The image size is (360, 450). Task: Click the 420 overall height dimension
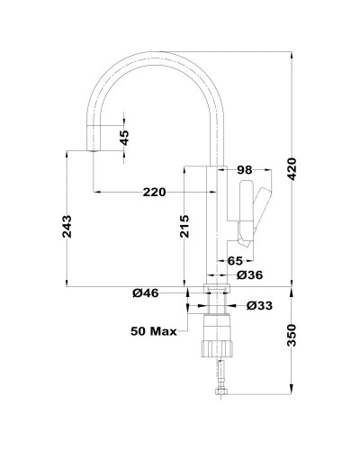(292, 168)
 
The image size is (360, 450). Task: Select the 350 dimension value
(292, 335)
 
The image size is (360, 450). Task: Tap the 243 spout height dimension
(67, 227)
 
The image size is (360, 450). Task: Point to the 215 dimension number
(184, 227)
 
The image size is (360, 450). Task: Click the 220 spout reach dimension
(154, 192)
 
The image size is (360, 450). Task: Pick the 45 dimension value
(124, 138)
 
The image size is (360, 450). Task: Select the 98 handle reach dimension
(245, 170)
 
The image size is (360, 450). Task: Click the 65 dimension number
(235, 261)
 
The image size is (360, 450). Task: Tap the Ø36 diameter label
(249, 274)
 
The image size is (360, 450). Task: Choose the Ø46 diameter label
(146, 292)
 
